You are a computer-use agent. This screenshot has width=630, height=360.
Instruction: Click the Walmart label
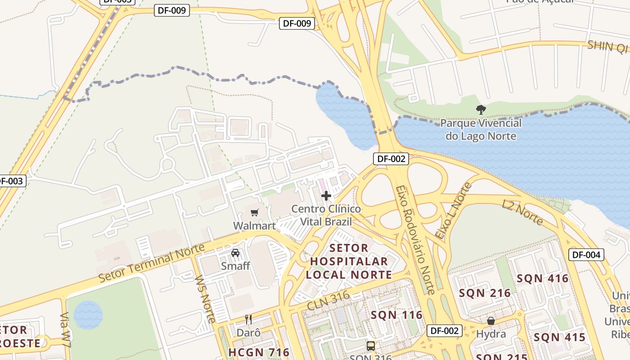click(254, 225)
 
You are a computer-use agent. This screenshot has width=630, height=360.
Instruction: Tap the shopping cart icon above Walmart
click(255, 212)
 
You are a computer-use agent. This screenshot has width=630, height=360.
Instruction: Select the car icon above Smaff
click(235, 253)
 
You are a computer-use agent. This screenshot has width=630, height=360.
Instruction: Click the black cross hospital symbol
click(326, 196)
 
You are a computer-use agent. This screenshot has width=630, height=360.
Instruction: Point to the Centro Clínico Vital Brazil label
click(326, 215)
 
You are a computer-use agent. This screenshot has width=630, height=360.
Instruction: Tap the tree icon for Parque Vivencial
click(481, 109)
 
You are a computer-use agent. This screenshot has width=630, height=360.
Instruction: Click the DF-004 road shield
click(586, 255)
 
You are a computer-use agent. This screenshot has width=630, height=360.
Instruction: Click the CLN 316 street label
click(328, 301)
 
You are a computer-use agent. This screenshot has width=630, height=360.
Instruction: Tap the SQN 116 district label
click(396, 315)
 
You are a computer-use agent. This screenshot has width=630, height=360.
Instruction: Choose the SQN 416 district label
click(543, 279)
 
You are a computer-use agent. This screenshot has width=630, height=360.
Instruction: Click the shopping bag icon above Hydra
click(491, 321)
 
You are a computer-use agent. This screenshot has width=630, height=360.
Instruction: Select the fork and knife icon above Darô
click(248, 319)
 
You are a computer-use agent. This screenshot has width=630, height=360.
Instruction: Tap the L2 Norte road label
click(522, 212)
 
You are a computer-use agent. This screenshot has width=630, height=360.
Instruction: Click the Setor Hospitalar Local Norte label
click(349, 261)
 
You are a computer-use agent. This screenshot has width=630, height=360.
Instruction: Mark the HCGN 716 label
click(259, 352)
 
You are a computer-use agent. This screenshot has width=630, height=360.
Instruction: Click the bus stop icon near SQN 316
click(371, 346)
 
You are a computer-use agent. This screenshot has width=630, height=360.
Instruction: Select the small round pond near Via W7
click(88, 315)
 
